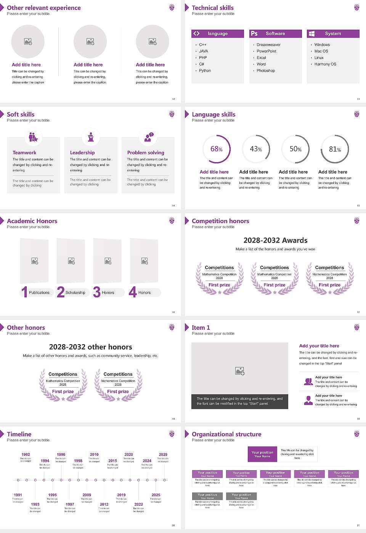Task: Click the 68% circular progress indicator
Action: tap(217, 149)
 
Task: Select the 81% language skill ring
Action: tap(335, 149)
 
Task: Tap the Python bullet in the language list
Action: tap(205, 71)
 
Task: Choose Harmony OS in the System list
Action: tap(325, 64)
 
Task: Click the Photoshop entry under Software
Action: tap(266, 71)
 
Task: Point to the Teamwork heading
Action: tap(24, 153)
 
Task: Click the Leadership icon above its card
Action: tap(91, 137)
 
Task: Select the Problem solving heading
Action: tap(146, 153)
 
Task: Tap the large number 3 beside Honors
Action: tap(97, 292)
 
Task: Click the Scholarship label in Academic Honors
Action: tap(75, 293)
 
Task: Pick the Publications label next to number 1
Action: tap(39, 293)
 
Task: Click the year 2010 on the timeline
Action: tap(94, 455)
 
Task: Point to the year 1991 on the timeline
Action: tap(18, 495)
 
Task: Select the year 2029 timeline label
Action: tap(163, 455)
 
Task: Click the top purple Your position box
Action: tap(262, 454)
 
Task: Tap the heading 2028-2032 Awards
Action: tap(275, 240)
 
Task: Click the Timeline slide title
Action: tap(19, 434)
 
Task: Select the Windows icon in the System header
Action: tap(312, 34)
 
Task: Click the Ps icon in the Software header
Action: tap(254, 34)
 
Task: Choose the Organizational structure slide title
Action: tap(226, 434)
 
